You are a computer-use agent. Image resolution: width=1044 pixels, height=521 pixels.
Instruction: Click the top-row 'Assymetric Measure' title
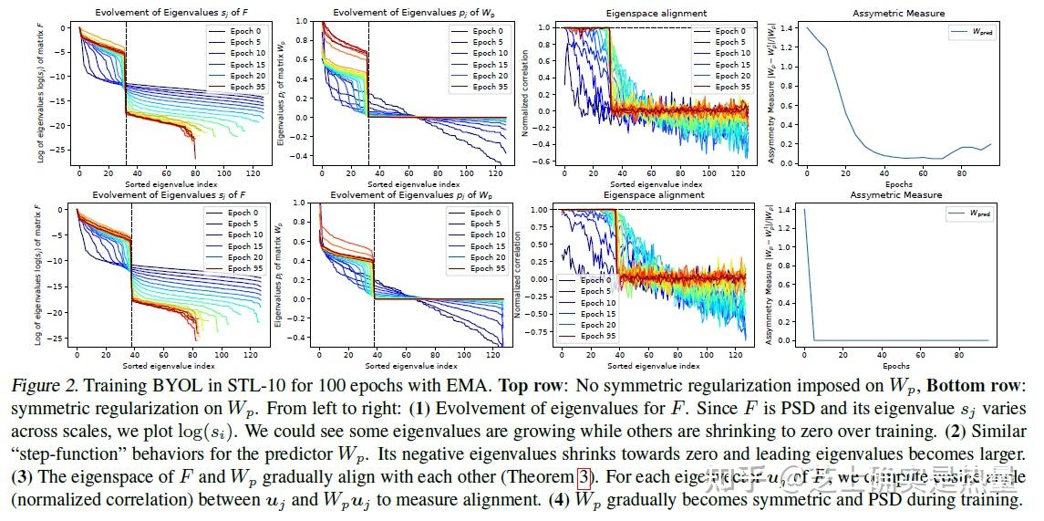pos(898,13)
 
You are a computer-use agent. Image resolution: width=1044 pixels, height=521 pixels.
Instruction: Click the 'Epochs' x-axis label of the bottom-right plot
pos(898,363)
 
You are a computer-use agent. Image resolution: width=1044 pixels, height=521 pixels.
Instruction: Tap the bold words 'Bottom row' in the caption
pos(976,386)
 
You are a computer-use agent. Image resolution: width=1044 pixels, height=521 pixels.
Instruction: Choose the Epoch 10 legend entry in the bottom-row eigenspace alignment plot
pos(597,303)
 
